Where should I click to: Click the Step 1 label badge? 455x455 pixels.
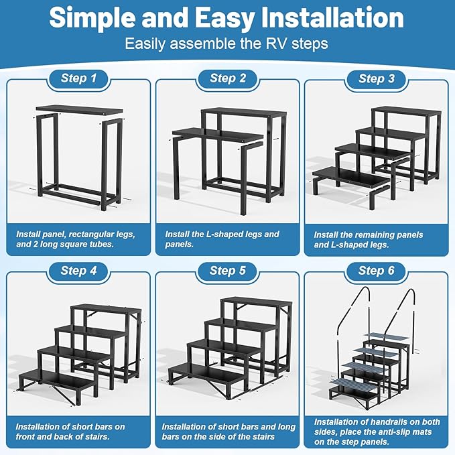78,78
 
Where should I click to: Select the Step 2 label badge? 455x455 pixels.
228,78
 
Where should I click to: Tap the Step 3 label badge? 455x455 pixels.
377,78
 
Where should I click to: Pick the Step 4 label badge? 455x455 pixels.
78,271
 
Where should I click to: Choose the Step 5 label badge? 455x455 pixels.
228,271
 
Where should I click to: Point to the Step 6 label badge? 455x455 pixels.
377,271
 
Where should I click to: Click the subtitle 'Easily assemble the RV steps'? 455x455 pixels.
227,44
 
